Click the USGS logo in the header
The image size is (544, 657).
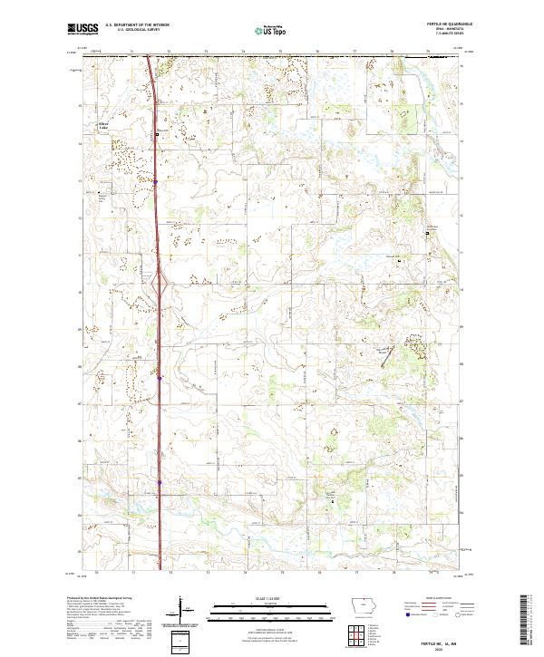pos(83,30)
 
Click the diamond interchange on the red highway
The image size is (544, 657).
pos(159,288)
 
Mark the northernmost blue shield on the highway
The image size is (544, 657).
pos(155,181)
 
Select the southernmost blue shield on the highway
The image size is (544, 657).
pos(160,482)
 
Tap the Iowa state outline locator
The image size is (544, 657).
pos(364,606)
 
